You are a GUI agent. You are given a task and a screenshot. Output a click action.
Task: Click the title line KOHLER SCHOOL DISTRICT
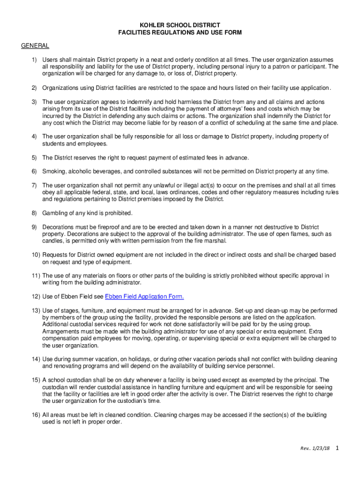[180, 25]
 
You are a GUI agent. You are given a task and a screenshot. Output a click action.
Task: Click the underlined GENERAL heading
[35, 45]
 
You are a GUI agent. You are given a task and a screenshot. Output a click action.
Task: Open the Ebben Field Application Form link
[144, 297]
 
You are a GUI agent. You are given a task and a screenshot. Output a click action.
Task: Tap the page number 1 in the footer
[337, 448]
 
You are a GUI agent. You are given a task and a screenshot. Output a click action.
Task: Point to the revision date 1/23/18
[322, 448]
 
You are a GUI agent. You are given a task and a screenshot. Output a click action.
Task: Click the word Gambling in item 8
[55, 213]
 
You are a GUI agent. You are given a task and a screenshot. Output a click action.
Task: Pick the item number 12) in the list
[36, 297]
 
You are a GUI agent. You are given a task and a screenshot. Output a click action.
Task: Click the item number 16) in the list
[36, 415]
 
